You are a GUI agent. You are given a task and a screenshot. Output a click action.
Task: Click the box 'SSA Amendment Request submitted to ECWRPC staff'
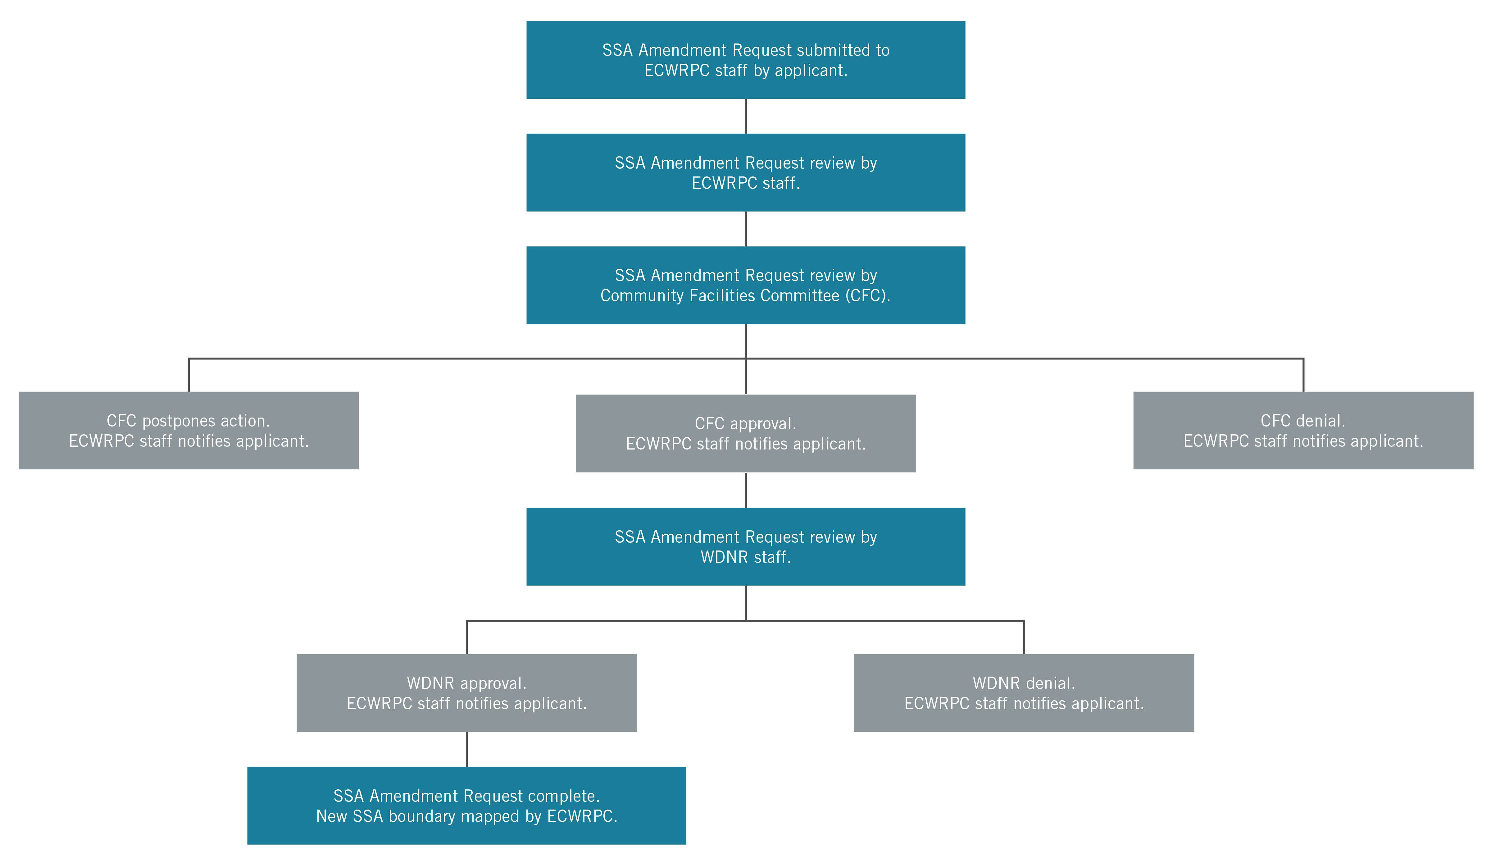[x=745, y=60]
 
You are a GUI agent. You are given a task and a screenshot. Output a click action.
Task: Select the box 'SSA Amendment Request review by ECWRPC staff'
[x=745, y=172]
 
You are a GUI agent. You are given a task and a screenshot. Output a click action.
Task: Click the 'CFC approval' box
[x=745, y=433]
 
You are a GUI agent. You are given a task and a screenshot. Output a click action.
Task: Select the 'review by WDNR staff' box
[x=745, y=546]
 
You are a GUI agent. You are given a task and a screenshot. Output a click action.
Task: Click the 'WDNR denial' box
[x=1024, y=692]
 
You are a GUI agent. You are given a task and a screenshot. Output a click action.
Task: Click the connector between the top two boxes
[x=745, y=116]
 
